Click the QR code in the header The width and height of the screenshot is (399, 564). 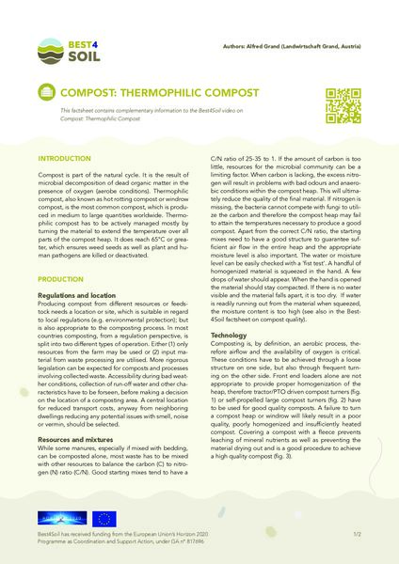pos(343,102)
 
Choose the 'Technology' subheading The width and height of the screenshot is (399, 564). pos(229,336)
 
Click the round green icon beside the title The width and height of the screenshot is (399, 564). pos(44,94)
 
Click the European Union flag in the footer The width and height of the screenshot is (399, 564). pos(104,517)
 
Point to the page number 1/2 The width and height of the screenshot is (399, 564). pos(357,534)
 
